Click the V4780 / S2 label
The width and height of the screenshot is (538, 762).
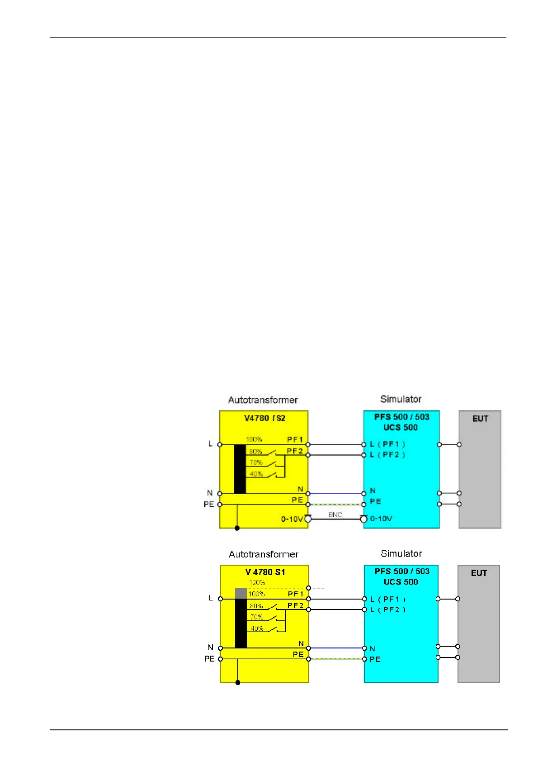[264, 418]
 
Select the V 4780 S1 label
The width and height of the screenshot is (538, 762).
[265, 572]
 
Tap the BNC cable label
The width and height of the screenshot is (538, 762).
[335, 515]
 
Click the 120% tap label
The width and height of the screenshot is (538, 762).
[257, 582]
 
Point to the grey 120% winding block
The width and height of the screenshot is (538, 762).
[241, 593]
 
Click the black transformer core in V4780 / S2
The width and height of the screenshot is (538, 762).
[240, 469]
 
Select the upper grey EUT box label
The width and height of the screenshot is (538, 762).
[480, 419]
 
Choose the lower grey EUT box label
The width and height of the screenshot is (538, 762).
[479, 573]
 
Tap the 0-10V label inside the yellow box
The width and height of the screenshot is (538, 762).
[292, 519]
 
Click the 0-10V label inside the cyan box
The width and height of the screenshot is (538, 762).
[381, 519]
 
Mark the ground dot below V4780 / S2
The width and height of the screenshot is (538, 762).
[237, 528]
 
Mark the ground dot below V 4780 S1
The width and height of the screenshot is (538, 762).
[238, 682]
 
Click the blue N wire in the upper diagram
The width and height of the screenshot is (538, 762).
[336, 494]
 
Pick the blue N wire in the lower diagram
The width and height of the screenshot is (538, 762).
[336, 648]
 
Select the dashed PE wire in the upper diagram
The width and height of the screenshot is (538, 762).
[336, 505]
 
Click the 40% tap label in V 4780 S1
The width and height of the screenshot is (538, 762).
[257, 629]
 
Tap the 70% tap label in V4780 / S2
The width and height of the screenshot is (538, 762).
[256, 462]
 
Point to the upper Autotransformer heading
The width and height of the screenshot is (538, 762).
[263, 400]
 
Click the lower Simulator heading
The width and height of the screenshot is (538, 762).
[401, 553]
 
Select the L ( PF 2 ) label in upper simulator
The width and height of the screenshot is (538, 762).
[387, 455]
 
